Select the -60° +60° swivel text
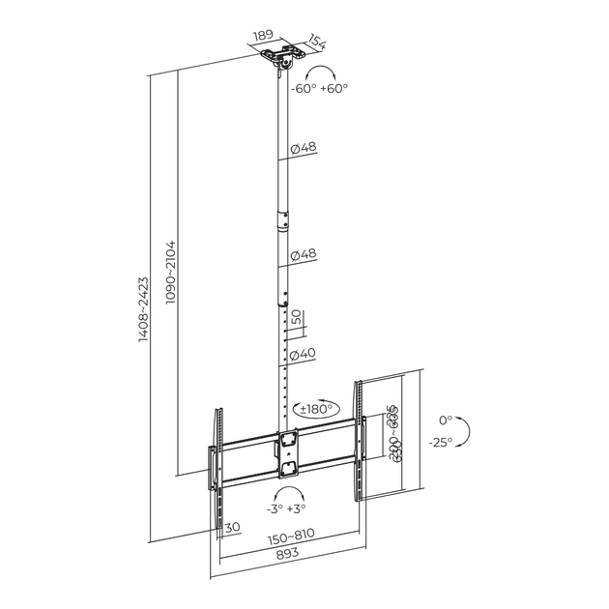tap(320, 88)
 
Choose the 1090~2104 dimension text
tap(171, 274)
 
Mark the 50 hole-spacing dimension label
tap(298, 316)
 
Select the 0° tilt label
tap(445, 420)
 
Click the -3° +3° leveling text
tap(285, 507)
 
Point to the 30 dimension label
tap(232, 528)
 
